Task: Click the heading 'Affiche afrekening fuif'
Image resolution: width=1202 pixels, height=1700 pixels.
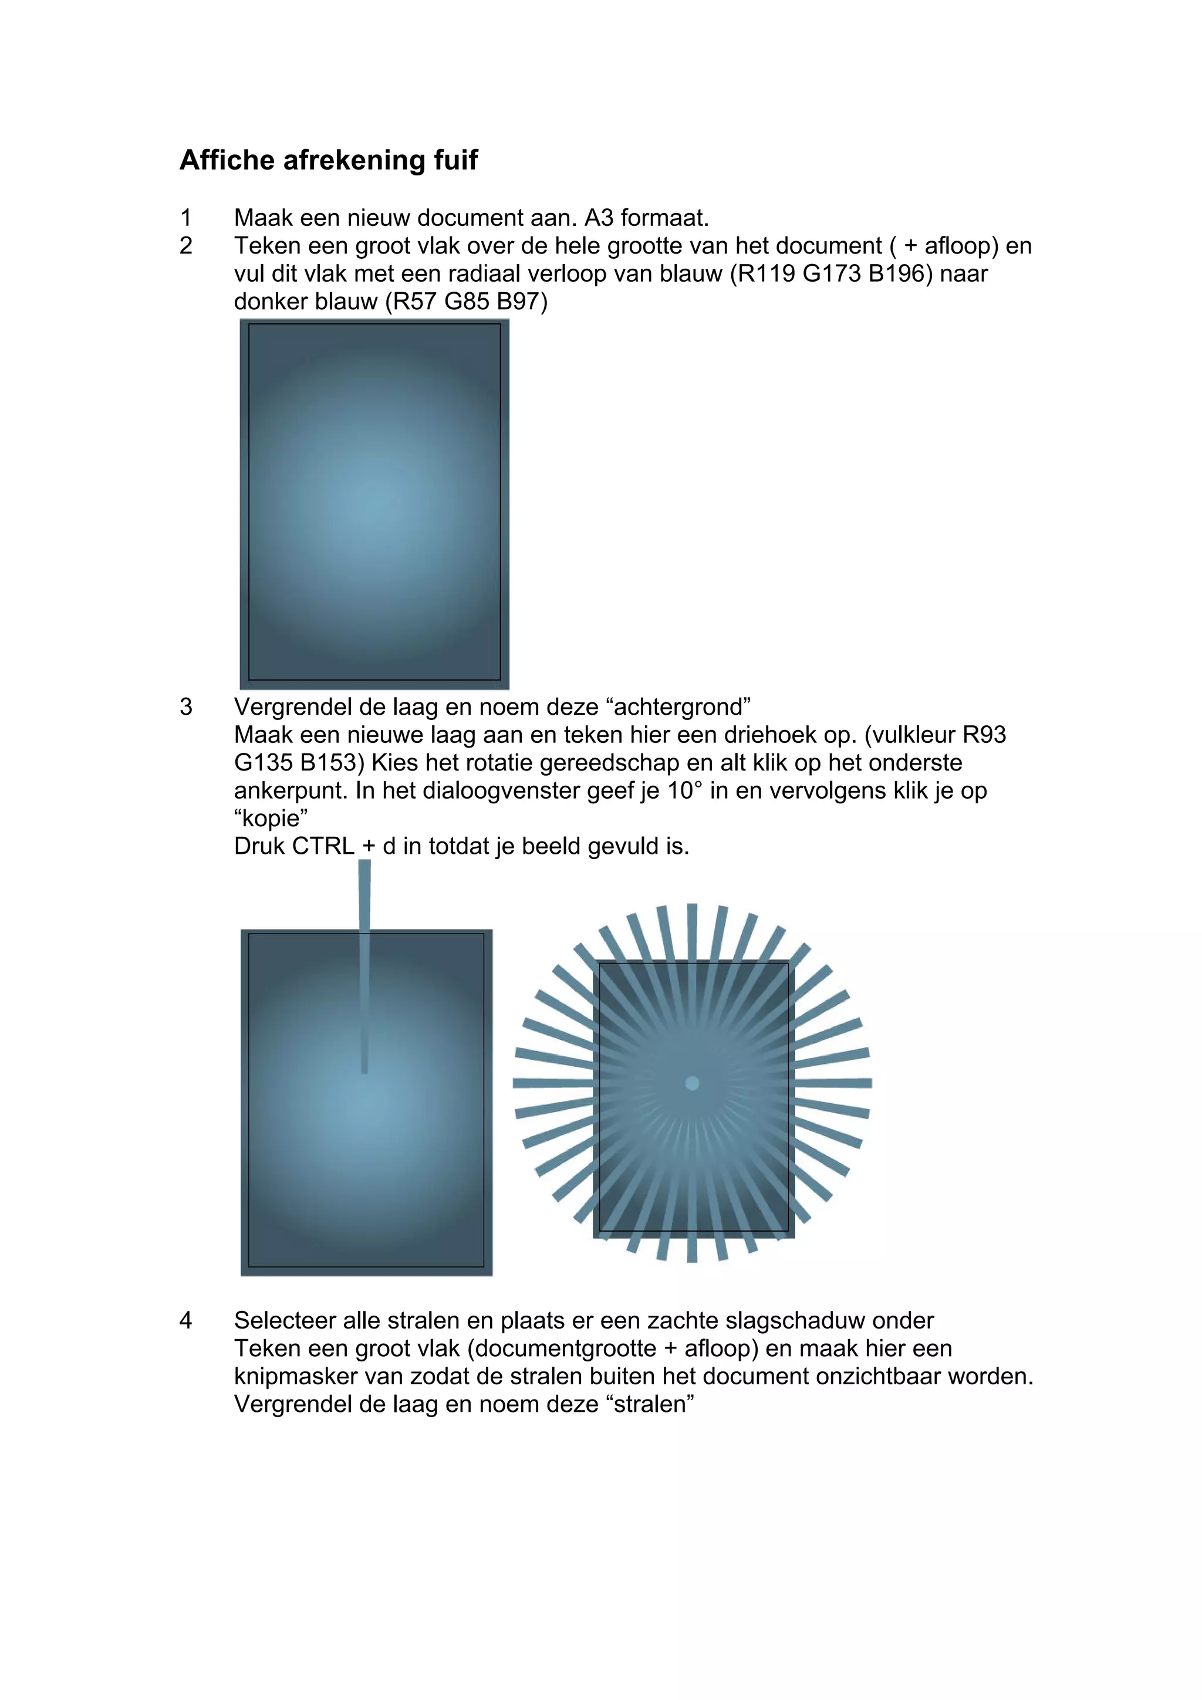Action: click(328, 160)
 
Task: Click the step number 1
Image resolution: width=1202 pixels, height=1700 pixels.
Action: click(186, 218)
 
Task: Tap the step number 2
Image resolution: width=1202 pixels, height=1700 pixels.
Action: click(186, 246)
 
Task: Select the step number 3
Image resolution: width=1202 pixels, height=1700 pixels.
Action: click(186, 707)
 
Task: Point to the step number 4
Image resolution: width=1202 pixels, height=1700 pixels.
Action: click(186, 1320)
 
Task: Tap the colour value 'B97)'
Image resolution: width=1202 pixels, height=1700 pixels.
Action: click(522, 302)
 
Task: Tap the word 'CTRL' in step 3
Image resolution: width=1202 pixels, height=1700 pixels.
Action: click(325, 846)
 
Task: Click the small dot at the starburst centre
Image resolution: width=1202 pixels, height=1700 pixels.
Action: click(692, 1083)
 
